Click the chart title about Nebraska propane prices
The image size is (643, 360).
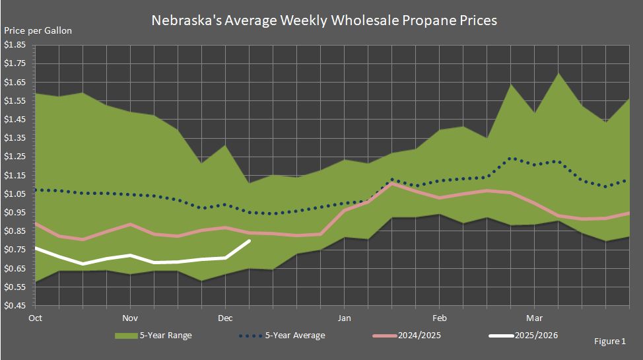click(324, 20)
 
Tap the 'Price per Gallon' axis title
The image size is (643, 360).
click(38, 30)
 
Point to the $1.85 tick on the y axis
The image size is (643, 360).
click(15, 45)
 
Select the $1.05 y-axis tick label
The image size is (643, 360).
click(15, 194)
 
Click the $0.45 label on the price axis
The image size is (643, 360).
click(15, 306)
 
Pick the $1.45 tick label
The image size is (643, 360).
click(15, 120)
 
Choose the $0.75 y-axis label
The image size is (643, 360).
click(15, 250)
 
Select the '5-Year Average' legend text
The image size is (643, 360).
click(295, 336)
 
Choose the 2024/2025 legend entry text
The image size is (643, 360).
click(421, 336)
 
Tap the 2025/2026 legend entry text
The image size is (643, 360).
click(537, 336)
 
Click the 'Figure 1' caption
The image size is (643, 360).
click(609, 342)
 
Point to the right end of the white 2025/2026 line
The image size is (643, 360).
click(249, 240)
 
